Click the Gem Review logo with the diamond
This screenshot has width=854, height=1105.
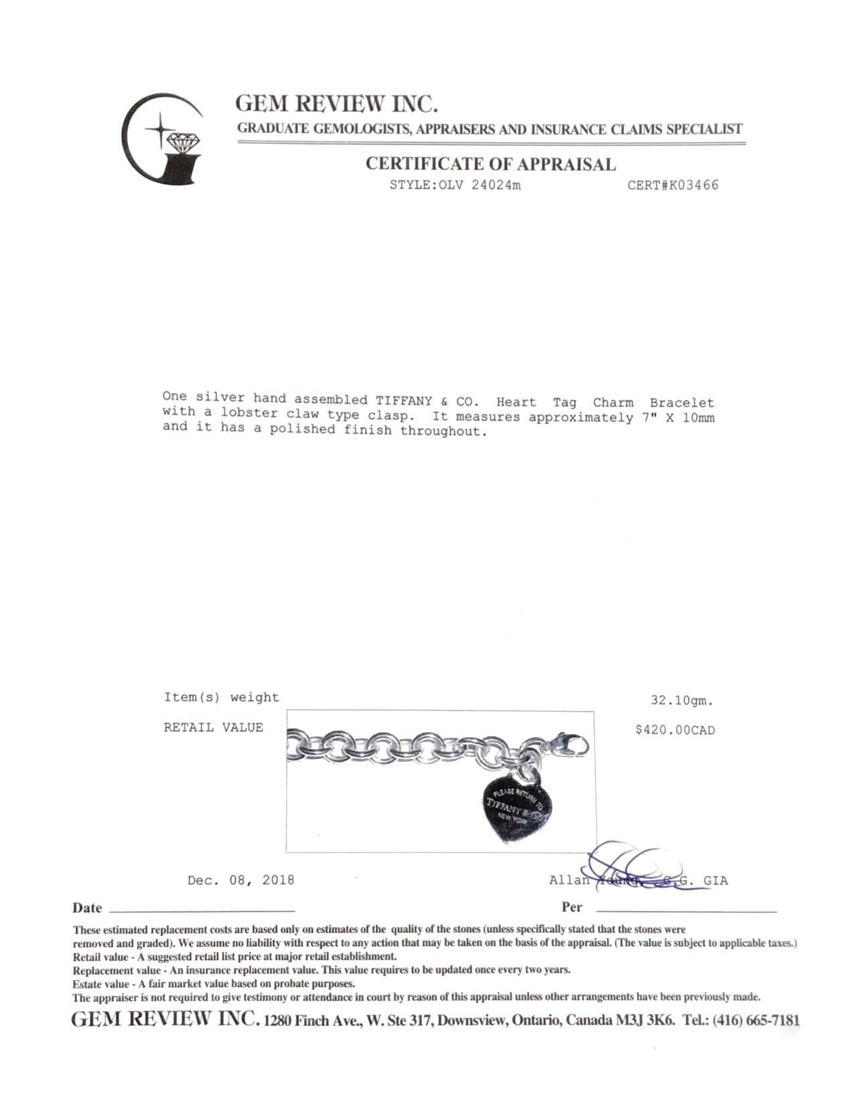[163, 139]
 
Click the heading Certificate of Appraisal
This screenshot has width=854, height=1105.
[490, 164]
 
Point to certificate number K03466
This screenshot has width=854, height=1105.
[672, 186]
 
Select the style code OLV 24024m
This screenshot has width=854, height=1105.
[455, 186]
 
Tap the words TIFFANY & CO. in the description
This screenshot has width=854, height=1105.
[427, 400]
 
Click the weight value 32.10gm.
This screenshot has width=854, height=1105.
[682, 701]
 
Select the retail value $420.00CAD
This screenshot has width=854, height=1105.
[674, 730]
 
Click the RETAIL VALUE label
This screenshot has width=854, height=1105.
[213, 727]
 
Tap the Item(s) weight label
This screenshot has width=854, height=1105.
[221, 697]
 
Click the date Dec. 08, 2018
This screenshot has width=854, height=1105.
[240, 880]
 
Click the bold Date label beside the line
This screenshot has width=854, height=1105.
[87, 908]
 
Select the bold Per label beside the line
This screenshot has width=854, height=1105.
[571, 907]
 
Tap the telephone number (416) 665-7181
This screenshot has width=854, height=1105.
[756, 1021]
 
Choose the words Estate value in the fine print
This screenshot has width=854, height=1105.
[102, 984]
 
